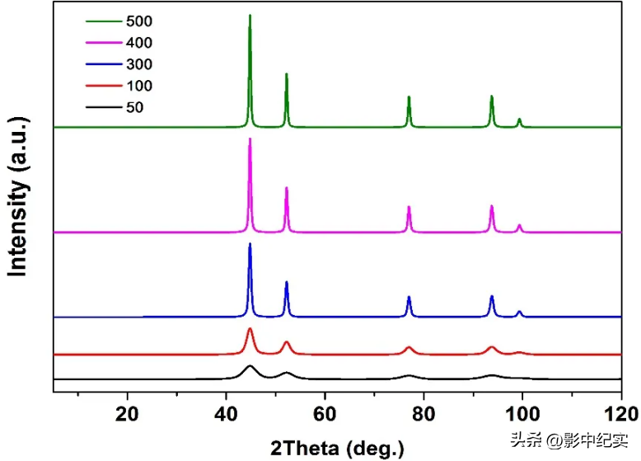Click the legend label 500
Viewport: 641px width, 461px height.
tap(138, 21)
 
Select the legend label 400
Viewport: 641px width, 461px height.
tap(138, 43)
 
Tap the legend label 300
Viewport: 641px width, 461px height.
tap(138, 64)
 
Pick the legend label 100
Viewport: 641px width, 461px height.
tap(138, 86)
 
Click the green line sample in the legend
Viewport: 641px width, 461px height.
tap(104, 21)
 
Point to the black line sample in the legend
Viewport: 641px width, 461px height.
tap(104, 107)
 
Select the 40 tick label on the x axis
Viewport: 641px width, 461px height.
tap(227, 413)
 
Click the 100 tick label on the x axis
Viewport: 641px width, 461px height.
tap(522, 413)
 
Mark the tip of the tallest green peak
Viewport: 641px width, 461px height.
tap(250, 15)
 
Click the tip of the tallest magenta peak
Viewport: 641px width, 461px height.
tap(250, 139)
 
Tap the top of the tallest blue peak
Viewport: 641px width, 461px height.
tap(250, 244)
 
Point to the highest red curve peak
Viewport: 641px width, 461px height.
tap(250, 328)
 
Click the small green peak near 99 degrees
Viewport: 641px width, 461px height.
tap(519, 120)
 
